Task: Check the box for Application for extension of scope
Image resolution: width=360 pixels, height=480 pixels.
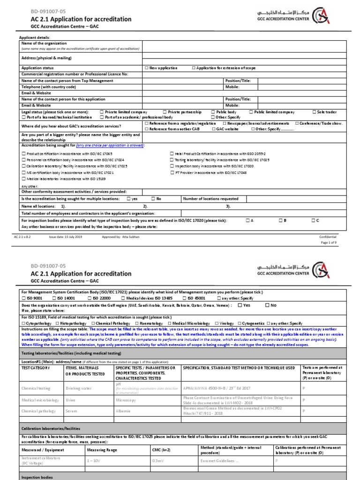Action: [x=194, y=68]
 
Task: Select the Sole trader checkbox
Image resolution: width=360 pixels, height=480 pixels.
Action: [x=314, y=112]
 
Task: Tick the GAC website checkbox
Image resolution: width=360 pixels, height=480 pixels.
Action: [x=214, y=128]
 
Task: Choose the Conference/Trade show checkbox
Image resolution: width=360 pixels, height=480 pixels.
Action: [x=297, y=123]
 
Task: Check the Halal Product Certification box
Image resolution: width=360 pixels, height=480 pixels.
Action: [x=172, y=154]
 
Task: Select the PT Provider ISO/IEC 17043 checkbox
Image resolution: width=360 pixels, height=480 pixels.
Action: [x=172, y=172]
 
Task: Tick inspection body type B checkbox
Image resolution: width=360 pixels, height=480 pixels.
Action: [x=280, y=220]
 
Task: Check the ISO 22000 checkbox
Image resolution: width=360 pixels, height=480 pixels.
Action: [x=90, y=298]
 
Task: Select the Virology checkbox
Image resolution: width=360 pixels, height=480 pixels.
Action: [x=216, y=323]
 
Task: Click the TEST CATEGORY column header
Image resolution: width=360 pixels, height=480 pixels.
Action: [x=35, y=367]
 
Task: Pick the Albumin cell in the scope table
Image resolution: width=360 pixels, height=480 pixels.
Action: [x=123, y=411]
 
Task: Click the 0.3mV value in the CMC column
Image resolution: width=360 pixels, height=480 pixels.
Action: [x=158, y=461]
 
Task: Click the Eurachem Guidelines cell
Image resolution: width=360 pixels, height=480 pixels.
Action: [x=217, y=461]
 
